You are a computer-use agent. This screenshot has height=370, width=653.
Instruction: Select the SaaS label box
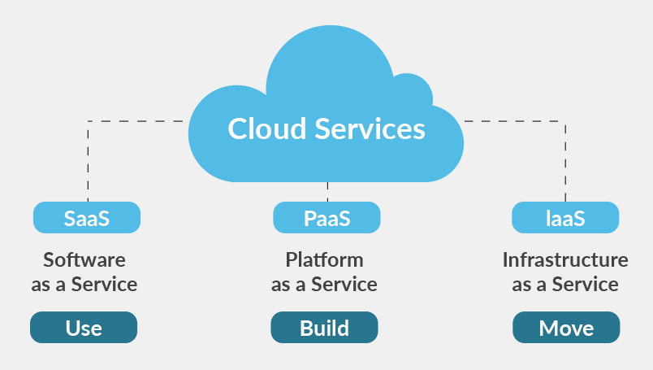tap(87, 218)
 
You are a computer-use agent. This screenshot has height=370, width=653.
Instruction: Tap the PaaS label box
tap(326, 218)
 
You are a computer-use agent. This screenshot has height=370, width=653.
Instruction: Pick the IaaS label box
tap(565, 218)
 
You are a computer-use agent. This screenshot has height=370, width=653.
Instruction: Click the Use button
tap(84, 328)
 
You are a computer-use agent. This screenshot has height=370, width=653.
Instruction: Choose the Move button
tap(566, 328)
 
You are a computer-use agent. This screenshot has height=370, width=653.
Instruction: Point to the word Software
tap(84, 260)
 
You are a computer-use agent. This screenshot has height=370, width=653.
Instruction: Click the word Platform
tap(325, 260)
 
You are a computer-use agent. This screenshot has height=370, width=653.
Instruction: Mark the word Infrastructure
tap(565, 260)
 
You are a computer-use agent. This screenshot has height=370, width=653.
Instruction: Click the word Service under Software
tap(104, 285)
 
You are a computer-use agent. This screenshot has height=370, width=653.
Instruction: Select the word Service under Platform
tap(344, 285)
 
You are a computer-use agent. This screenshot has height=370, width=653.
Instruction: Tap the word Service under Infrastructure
tap(585, 285)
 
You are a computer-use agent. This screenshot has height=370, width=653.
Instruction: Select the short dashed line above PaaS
tap(327, 193)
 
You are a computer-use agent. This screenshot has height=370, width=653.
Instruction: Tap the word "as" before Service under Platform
tap(281, 285)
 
